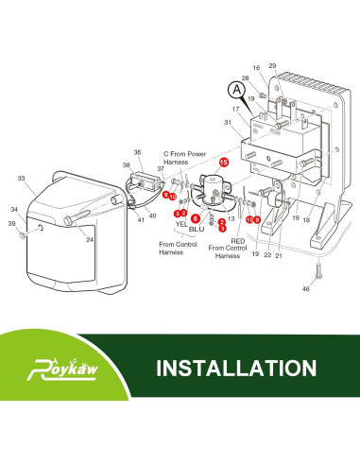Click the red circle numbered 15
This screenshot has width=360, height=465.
(x=224, y=163)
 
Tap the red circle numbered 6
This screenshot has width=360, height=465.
(x=196, y=218)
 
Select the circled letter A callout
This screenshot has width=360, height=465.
(x=236, y=90)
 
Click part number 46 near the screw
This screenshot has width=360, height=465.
(x=306, y=288)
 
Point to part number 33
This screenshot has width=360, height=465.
(x=21, y=179)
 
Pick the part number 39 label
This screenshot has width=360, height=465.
(x=11, y=223)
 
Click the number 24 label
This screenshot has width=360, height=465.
(x=90, y=240)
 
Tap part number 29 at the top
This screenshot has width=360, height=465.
(x=272, y=65)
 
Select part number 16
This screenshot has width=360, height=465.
(x=256, y=68)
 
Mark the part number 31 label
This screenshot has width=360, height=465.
(x=228, y=122)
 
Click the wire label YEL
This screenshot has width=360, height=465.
(x=181, y=224)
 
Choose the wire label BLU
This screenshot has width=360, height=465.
(x=197, y=229)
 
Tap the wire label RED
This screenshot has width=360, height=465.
(x=238, y=241)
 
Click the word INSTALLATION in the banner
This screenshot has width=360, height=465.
(x=236, y=368)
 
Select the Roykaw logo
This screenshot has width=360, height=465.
(x=62, y=369)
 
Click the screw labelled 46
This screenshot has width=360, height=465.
(x=318, y=270)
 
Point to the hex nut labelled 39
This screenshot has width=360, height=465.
(x=22, y=235)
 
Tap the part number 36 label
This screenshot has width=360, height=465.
(x=137, y=152)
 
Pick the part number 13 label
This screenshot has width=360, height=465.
(x=231, y=218)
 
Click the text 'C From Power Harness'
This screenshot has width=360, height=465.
(x=184, y=158)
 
